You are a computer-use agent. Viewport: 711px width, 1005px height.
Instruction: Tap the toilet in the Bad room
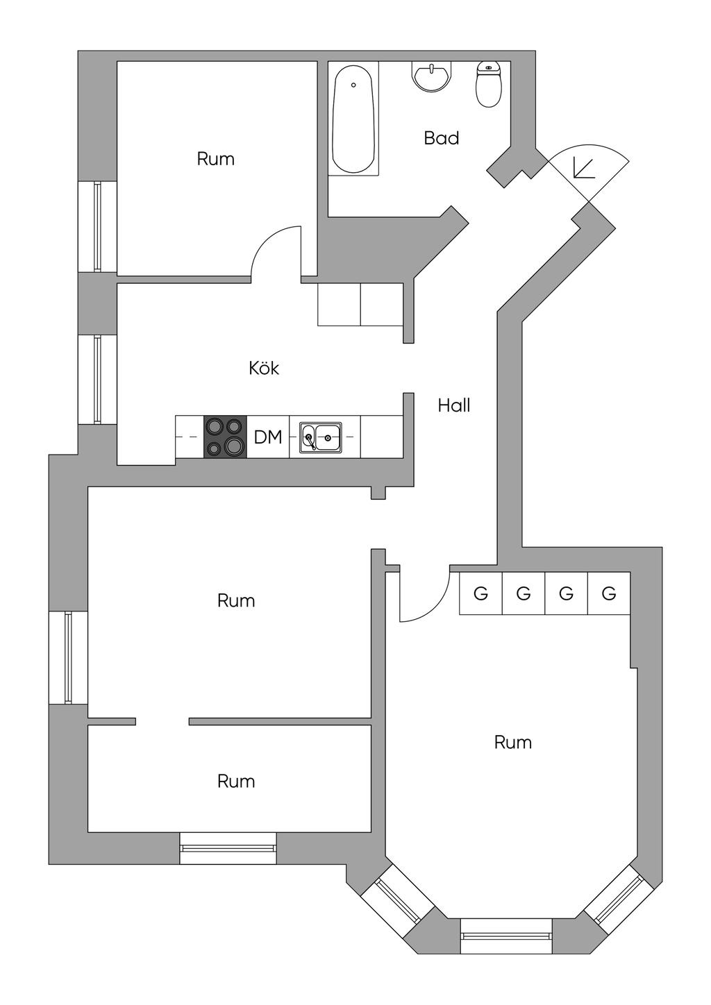point(488,84)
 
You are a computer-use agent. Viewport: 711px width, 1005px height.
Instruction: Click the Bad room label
point(441,137)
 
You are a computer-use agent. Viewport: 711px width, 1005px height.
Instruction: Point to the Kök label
point(264,369)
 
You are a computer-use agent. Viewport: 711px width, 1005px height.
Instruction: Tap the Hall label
point(454,405)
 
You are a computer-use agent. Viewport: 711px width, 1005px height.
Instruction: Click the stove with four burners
point(226,437)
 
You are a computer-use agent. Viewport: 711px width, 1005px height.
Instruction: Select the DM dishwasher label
point(268,437)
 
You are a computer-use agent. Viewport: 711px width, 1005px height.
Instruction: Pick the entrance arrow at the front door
point(583,169)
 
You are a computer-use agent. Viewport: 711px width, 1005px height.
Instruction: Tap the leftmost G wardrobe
point(480,593)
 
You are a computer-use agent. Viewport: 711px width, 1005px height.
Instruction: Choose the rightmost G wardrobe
point(609,593)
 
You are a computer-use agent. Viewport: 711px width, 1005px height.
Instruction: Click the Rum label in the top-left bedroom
point(215,159)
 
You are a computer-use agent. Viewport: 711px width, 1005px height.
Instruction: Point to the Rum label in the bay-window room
point(512,743)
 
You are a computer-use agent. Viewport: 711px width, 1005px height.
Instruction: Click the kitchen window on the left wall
point(97,380)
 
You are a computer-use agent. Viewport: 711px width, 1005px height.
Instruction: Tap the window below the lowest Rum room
point(228,848)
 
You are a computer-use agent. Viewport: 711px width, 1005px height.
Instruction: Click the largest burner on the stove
point(235,446)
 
